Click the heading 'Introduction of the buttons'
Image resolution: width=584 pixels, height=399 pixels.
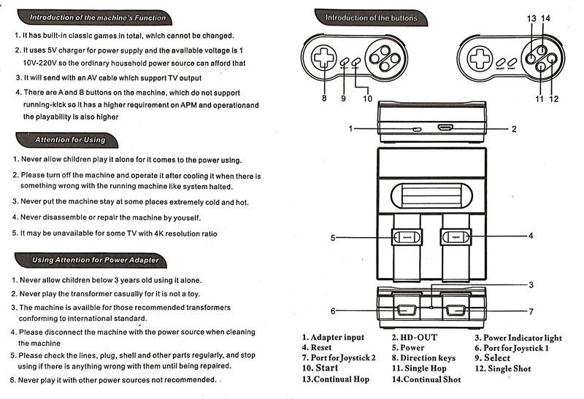pos(371,18)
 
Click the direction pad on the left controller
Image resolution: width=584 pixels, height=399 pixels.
pos(322,59)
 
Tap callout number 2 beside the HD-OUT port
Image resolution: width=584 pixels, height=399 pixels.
pos(514,129)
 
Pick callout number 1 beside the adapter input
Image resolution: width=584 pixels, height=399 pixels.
pos(351,129)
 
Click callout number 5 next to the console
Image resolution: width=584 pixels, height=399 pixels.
pos(332,237)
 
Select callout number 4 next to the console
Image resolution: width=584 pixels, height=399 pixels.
pos(531,236)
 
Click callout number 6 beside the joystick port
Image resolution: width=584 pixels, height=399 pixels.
pos(333,311)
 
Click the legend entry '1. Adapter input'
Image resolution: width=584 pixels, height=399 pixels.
pos(334,337)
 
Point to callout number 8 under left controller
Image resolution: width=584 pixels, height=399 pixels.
pos(323,98)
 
